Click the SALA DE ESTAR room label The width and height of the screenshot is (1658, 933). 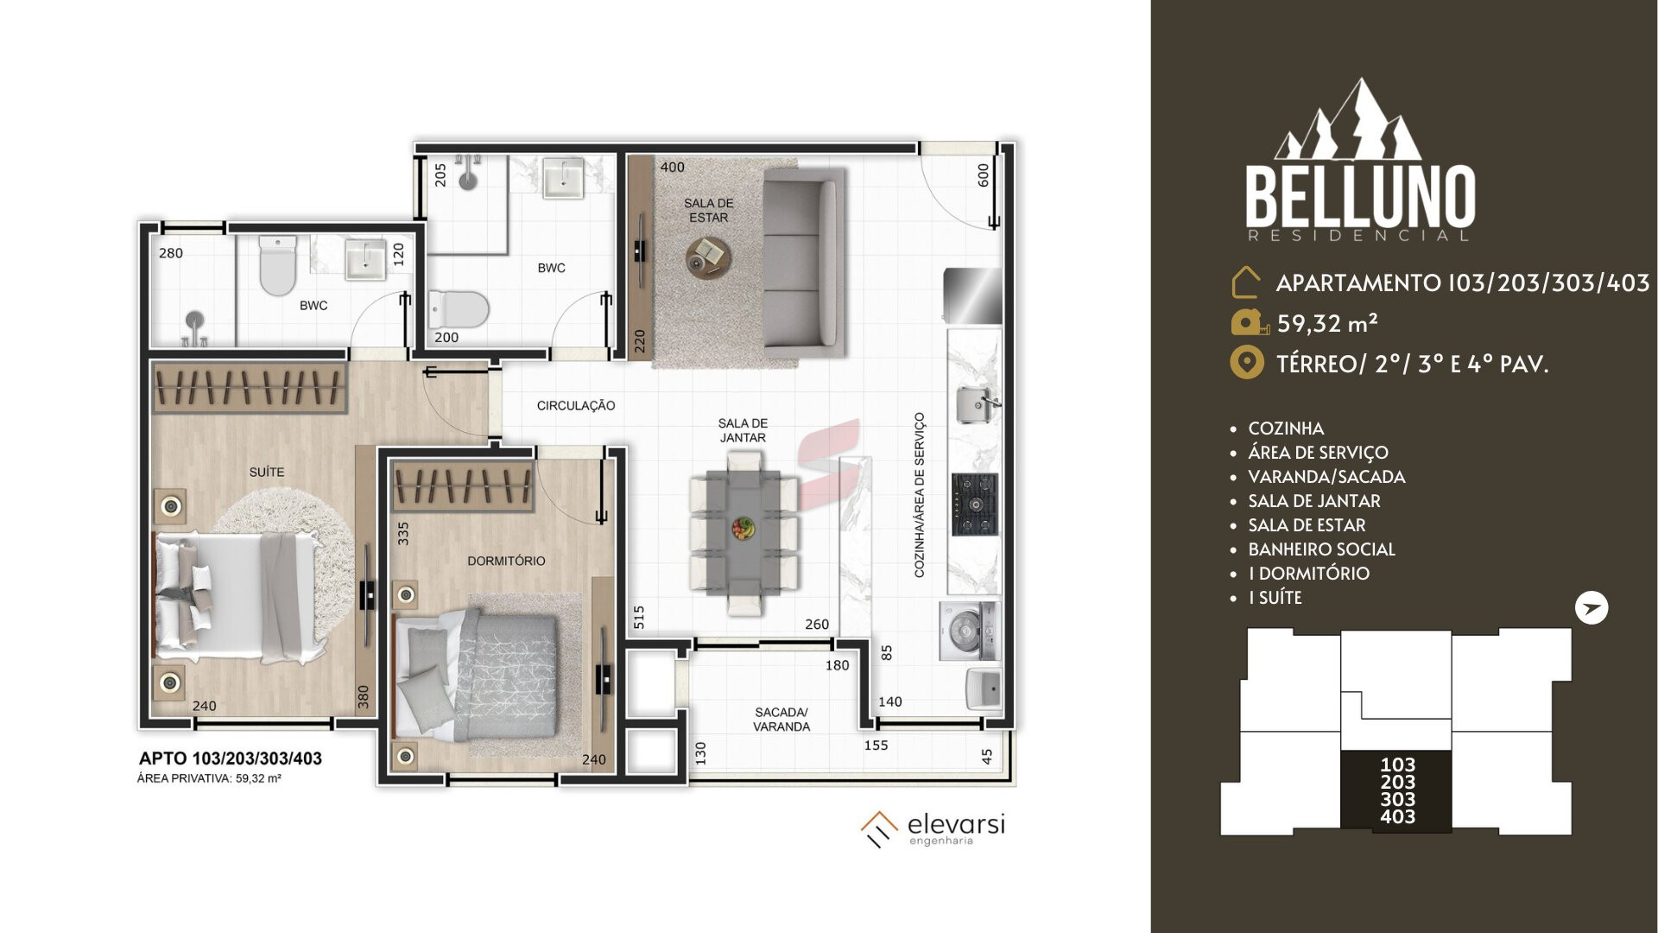(x=708, y=210)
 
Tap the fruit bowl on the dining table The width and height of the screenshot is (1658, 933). (x=743, y=527)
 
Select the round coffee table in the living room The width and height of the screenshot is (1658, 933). (x=708, y=257)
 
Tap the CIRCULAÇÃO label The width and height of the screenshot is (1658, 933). (x=576, y=405)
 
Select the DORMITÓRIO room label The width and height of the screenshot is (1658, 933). (x=506, y=561)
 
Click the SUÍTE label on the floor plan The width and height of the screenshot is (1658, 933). (x=266, y=472)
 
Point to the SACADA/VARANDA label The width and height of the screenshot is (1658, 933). (x=782, y=720)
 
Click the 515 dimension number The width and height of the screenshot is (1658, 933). (x=639, y=617)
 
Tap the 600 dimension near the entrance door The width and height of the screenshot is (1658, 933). (x=983, y=175)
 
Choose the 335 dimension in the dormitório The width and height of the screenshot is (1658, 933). (x=402, y=533)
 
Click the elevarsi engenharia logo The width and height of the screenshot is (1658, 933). (x=933, y=828)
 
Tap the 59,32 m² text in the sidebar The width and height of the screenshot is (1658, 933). (x=1327, y=323)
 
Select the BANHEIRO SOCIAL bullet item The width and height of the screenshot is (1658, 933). (x=1321, y=549)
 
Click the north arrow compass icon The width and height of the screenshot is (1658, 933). (x=1592, y=608)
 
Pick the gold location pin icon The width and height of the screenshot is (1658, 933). (x=1246, y=363)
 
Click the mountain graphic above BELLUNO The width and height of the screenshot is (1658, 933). (x=1349, y=121)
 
